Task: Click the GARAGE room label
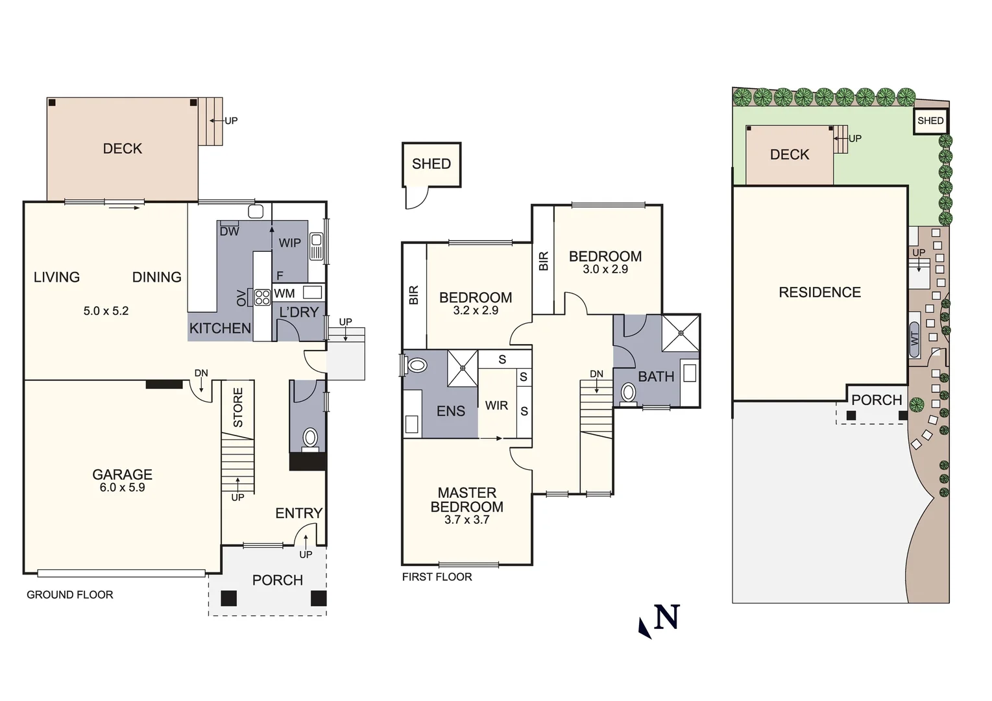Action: pos(122,474)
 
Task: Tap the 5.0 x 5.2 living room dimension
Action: pos(106,311)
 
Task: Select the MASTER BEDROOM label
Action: pos(466,500)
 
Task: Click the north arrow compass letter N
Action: pos(666,617)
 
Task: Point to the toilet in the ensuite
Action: pos(417,365)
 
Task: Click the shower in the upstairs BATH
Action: pos(681,333)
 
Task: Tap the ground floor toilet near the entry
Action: pos(310,439)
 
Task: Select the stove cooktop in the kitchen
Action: pos(262,297)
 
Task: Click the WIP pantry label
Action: pos(289,243)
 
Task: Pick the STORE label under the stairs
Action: pos(238,407)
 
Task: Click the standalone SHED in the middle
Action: pos(431,164)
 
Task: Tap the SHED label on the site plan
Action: pos(930,121)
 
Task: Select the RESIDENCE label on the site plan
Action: pos(819,292)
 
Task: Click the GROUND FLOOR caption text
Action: pos(70,595)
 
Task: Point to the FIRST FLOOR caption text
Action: pos(437,577)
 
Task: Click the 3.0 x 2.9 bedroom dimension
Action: pos(605,269)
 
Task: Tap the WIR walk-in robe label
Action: pos(496,406)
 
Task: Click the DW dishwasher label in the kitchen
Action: pos(229,231)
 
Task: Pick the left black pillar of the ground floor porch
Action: pos(228,598)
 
